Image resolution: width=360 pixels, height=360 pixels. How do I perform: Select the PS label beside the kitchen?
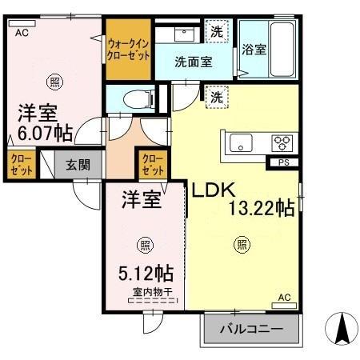(x=282, y=163)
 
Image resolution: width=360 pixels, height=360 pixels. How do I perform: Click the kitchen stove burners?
(x=283, y=142)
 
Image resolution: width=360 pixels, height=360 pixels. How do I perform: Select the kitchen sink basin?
(x=240, y=143)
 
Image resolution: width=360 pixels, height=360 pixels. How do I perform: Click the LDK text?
(x=210, y=190)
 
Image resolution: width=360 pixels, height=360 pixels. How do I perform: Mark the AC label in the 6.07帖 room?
(x=21, y=33)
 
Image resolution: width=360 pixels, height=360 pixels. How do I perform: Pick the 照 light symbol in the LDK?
(x=241, y=245)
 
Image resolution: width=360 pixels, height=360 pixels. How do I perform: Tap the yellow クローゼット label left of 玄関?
(x=19, y=166)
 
